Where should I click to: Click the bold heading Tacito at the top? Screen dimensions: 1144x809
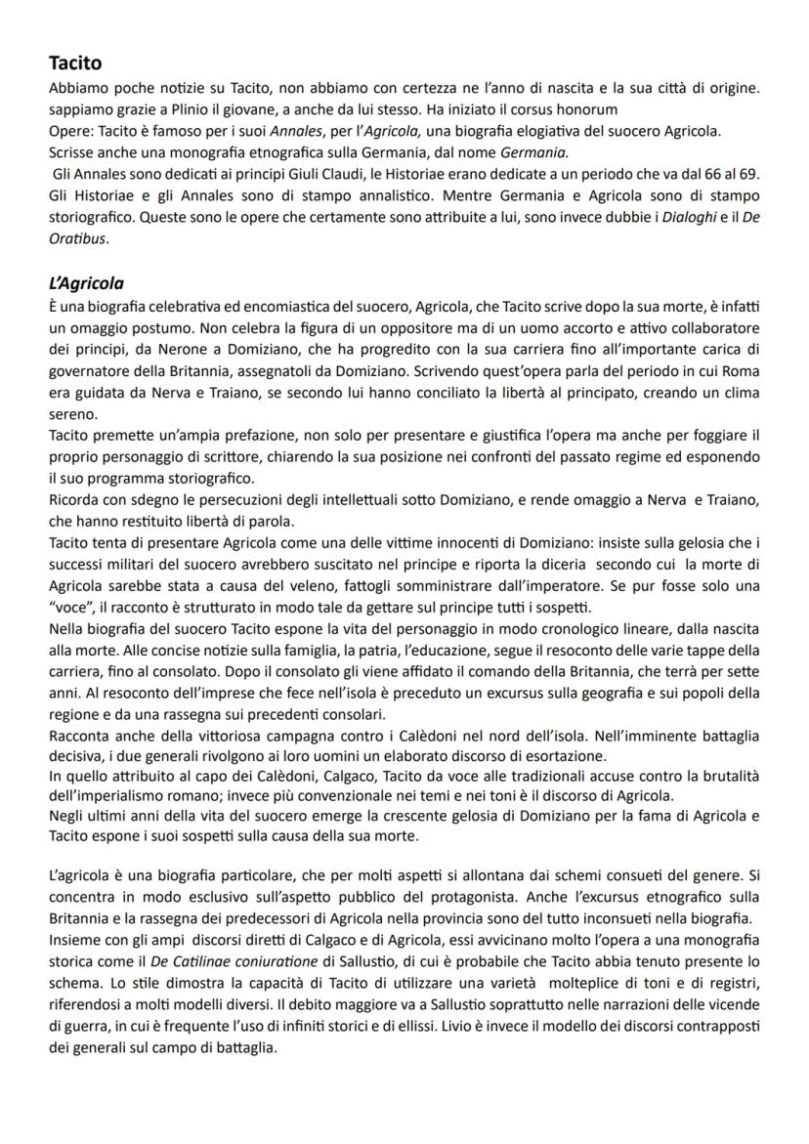[x=75, y=64]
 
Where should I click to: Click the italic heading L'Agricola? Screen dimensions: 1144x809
[x=86, y=284]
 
